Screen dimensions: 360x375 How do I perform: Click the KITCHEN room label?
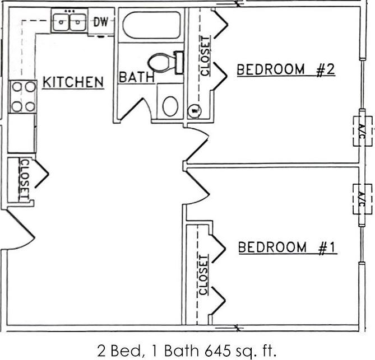click(x=73, y=82)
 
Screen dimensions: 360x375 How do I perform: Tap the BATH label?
click(x=136, y=77)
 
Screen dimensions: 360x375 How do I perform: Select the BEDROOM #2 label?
click(x=285, y=70)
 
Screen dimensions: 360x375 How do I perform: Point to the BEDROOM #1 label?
click(x=288, y=247)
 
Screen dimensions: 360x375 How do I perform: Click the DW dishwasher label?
click(x=100, y=22)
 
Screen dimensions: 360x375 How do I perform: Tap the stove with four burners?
click(x=23, y=96)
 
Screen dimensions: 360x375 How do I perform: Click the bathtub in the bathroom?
click(x=152, y=25)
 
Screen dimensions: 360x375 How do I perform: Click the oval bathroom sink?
click(x=170, y=105)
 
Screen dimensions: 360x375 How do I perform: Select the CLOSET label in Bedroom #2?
click(x=205, y=55)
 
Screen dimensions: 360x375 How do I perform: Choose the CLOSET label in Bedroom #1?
click(x=203, y=274)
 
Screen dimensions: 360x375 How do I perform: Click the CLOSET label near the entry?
click(x=24, y=179)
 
